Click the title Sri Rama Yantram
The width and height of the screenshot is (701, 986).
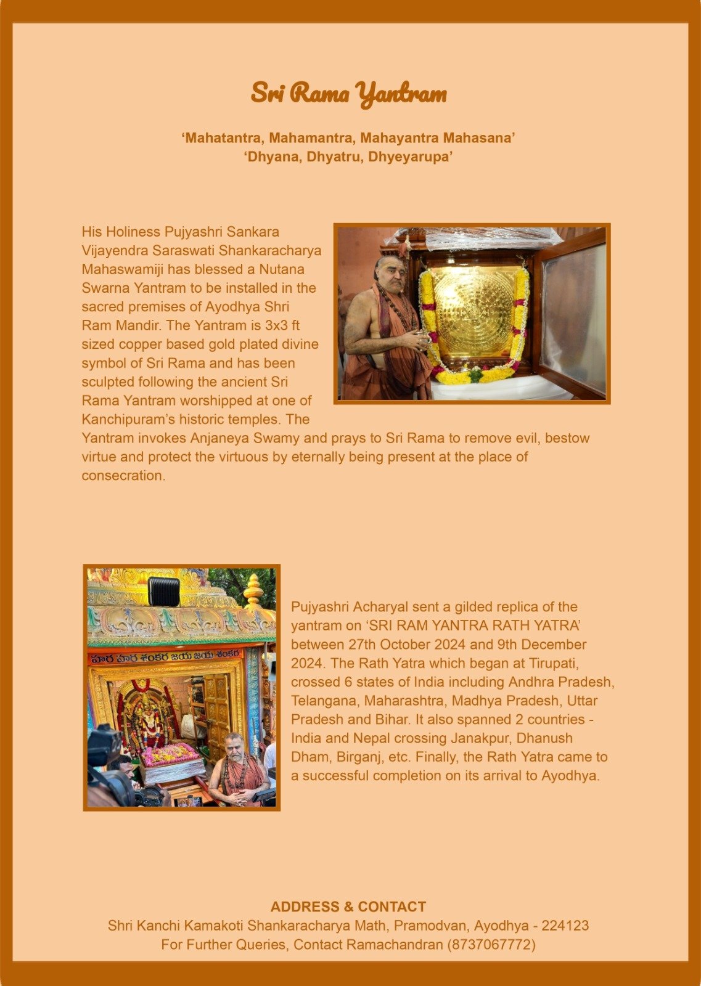(x=348, y=94)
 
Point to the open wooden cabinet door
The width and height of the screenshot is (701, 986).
(x=572, y=314)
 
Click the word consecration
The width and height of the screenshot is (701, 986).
(x=123, y=476)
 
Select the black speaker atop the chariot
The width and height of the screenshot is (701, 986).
(x=164, y=591)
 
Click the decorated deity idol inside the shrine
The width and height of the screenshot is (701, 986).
(x=147, y=718)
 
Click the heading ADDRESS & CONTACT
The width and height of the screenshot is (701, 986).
(x=348, y=907)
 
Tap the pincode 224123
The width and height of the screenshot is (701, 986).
(x=565, y=926)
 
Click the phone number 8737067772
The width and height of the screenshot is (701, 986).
(x=491, y=945)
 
